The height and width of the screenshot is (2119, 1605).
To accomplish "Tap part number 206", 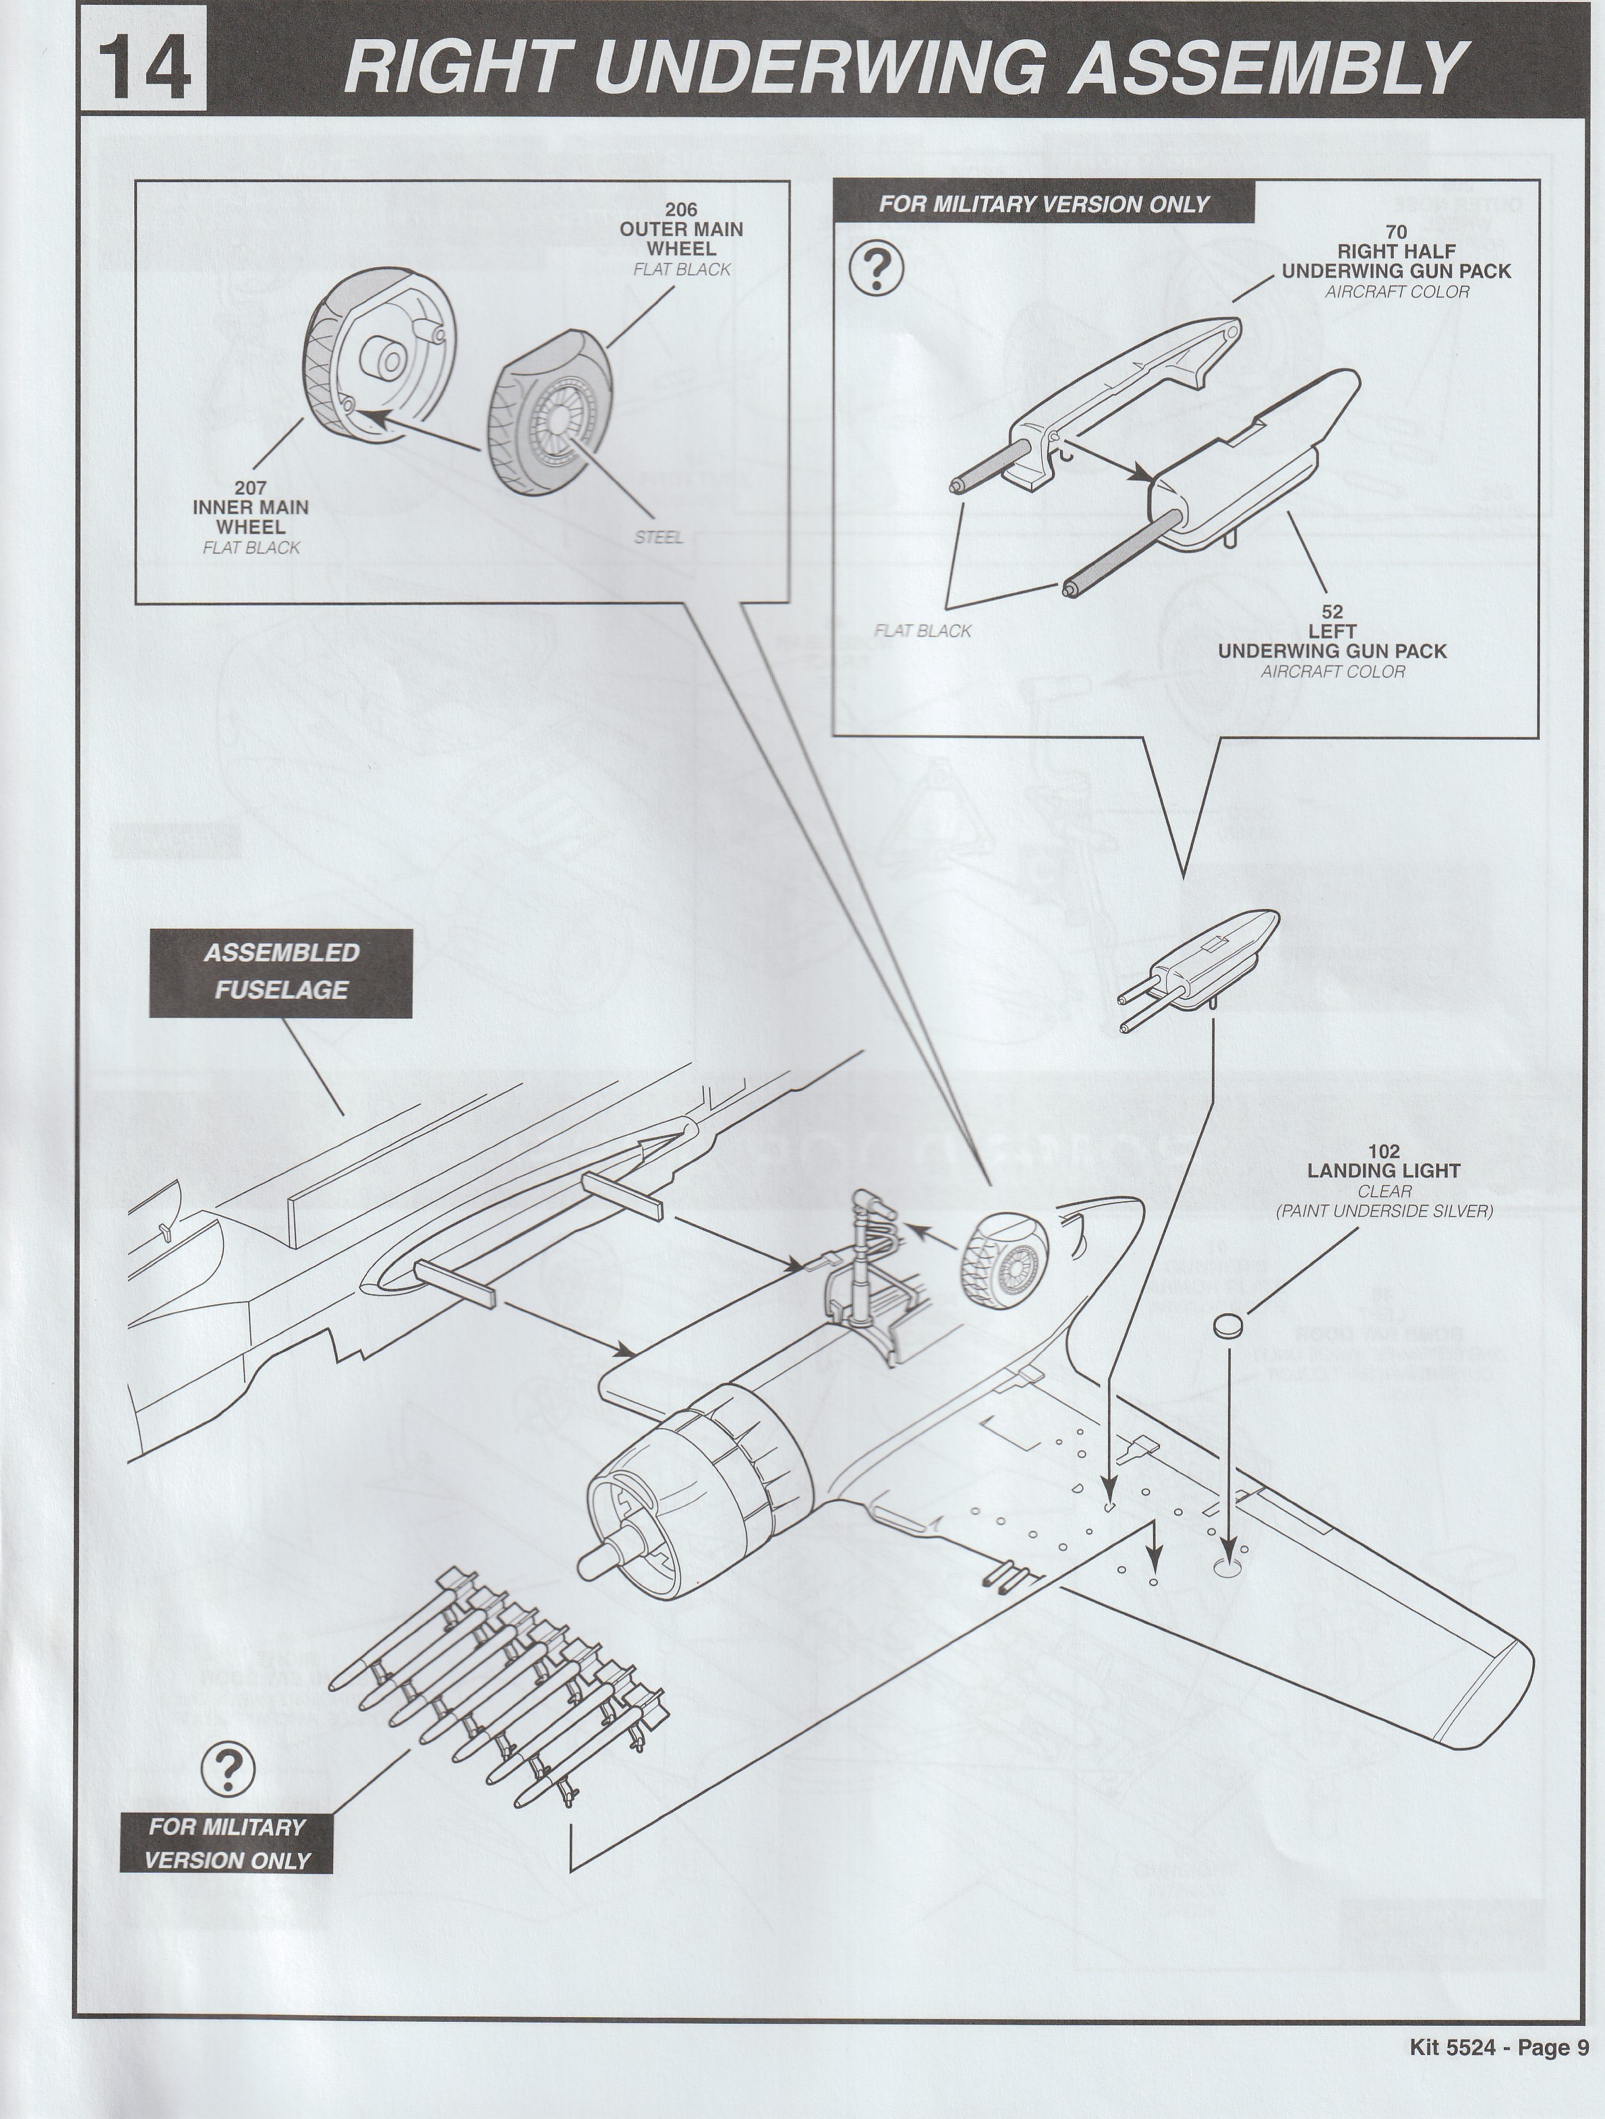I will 681,210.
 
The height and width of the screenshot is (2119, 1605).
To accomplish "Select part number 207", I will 251,488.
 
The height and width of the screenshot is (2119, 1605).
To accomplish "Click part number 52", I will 1332,611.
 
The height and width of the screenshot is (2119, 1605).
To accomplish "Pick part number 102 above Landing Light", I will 1384,1151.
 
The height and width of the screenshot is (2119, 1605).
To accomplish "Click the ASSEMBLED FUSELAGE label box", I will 281,973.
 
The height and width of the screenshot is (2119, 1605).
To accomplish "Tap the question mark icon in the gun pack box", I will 875,270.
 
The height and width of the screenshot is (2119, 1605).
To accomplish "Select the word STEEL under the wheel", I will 659,538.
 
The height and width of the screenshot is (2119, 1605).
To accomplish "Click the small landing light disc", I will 1228,1327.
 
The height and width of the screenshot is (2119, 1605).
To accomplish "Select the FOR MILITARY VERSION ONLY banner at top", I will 1044,204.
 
